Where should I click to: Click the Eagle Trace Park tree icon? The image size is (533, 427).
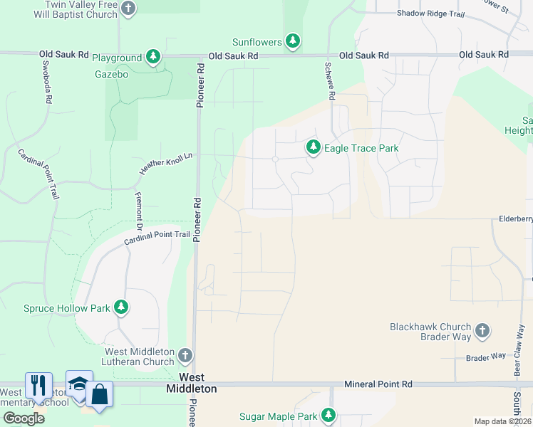(x=313, y=148)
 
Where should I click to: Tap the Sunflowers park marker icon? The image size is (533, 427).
(x=292, y=42)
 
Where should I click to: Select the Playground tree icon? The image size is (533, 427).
(x=152, y=57)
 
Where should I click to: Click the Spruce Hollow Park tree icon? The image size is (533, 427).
(x=122, y=307)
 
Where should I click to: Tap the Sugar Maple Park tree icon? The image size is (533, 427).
(x=328, y=415)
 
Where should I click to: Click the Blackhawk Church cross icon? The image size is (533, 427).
(x=482, y=331)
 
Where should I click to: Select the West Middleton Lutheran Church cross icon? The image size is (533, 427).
(x=185, y=355)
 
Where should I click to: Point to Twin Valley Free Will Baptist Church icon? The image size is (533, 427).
(x=128, y=9)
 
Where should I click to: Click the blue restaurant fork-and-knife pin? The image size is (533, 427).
(x=38, y=385)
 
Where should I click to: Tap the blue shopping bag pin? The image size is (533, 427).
(x=100, y=395)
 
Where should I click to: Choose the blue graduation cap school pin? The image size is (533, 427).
(x=78, y=384)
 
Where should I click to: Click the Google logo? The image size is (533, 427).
(x=24, y=418)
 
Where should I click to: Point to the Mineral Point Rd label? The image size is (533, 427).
(x=378, y=384)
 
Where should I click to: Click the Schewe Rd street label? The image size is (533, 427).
(x=330, y=80)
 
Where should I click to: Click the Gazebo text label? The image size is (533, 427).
(x=111, y=74)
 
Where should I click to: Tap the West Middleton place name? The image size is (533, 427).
(x=192, y=383)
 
